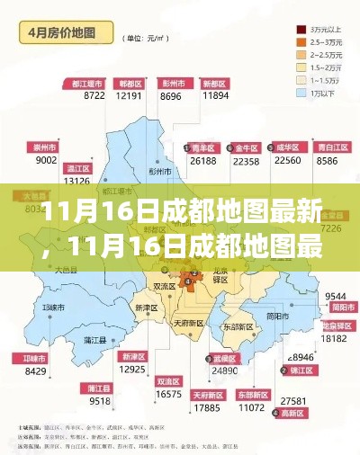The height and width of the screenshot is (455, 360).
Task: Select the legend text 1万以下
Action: (322, 92)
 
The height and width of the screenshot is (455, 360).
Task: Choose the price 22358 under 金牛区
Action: (246, 161)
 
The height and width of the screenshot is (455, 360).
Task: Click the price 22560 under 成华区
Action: (286, 161)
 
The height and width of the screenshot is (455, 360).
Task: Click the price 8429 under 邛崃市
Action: (36, 370)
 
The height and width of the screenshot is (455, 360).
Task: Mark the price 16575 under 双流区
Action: (168, 394)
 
